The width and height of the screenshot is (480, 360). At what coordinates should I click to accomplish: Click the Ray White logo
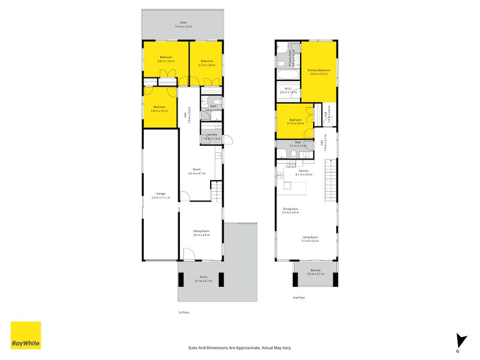click(x=26, y=335)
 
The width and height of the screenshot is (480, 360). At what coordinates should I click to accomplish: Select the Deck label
click(x=183, y=25)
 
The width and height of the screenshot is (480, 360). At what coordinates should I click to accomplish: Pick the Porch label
click(x=201, y=279)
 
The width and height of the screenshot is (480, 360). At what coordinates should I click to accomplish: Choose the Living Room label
click(x=310, y=239)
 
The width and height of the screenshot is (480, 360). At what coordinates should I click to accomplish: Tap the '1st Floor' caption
click(x=184, y=313)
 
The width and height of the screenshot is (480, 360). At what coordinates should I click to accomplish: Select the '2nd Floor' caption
click(x=299, y=298)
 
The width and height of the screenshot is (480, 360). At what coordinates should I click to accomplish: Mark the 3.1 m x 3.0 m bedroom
click(x=296, y=122)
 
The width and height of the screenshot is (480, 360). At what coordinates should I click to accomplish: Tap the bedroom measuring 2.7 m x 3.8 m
click(x=207, y=63)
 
